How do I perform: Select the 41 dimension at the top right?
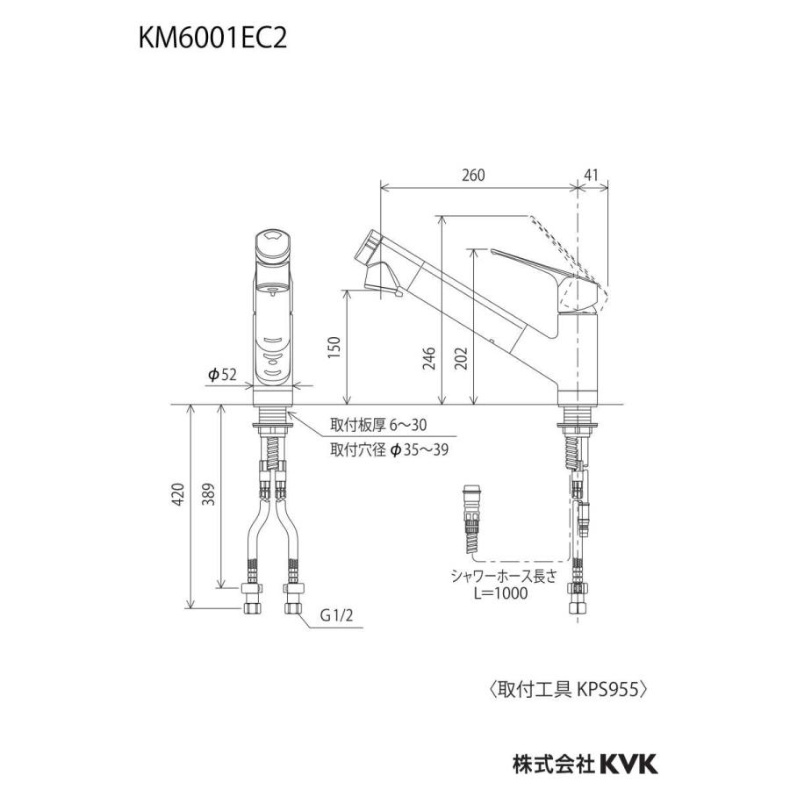(x=594, y=175)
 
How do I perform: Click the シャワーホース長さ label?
(x=501, y=576)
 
